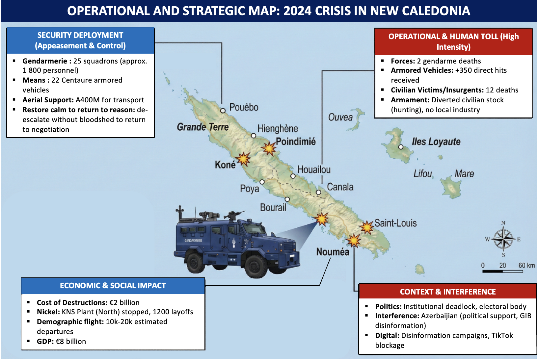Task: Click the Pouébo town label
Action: (x=244, y=107)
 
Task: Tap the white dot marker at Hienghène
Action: (x=254, y=136)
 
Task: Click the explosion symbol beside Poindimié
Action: (x=269, y=148)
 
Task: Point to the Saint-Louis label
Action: (x=395, y=223)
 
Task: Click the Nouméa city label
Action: (x=333, y=252)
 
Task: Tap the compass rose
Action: (x=503, y=239)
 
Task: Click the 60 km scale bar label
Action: (x=526, y=265)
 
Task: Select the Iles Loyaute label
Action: (x=436, y=142)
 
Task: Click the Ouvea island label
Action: (x=340, y=117)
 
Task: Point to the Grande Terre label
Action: (x=202, y=127)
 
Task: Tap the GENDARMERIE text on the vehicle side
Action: (x=193, y=241)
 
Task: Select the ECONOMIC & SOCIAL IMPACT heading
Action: (x=113, y=286)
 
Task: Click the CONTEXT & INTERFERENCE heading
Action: (x=447, y=292)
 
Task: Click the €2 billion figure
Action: (x=124, y=302)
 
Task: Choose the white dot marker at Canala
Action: (x=318, y=192)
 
